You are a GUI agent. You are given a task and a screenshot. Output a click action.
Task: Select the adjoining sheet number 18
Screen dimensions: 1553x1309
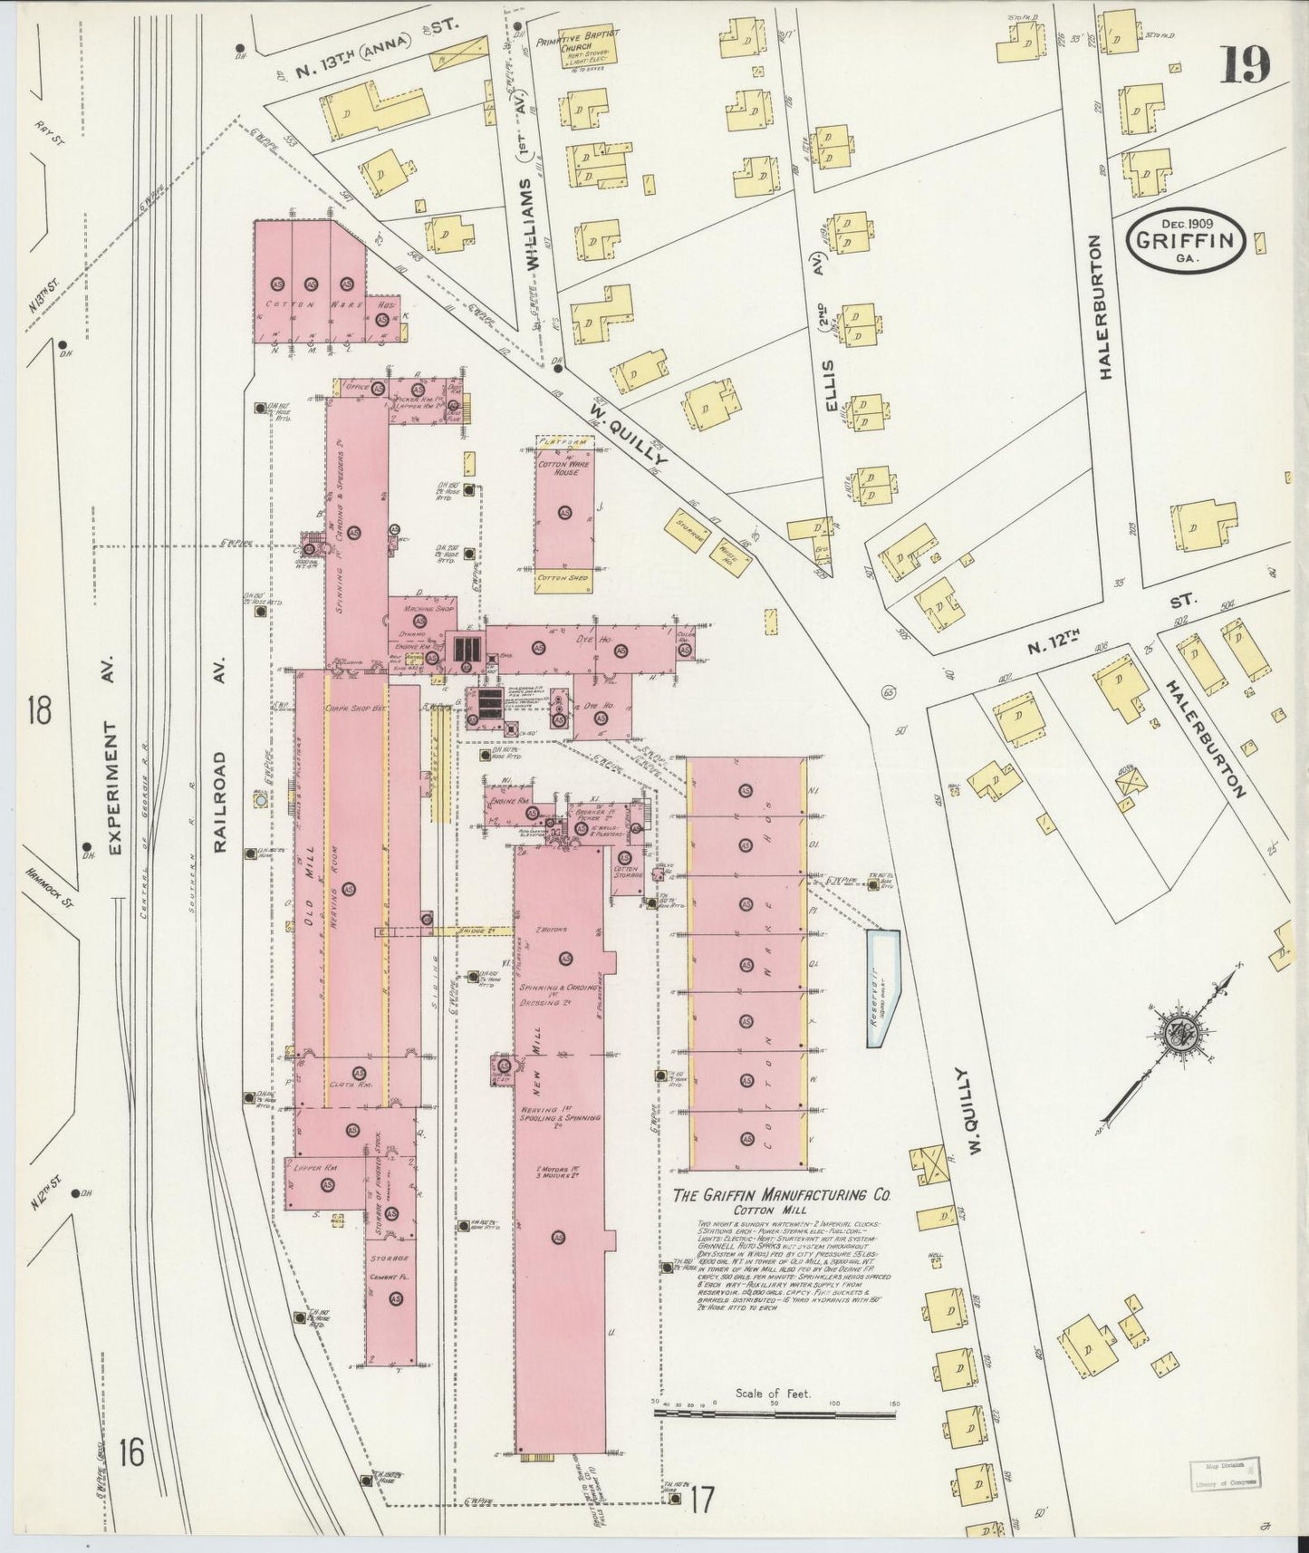tap(39, 710)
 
